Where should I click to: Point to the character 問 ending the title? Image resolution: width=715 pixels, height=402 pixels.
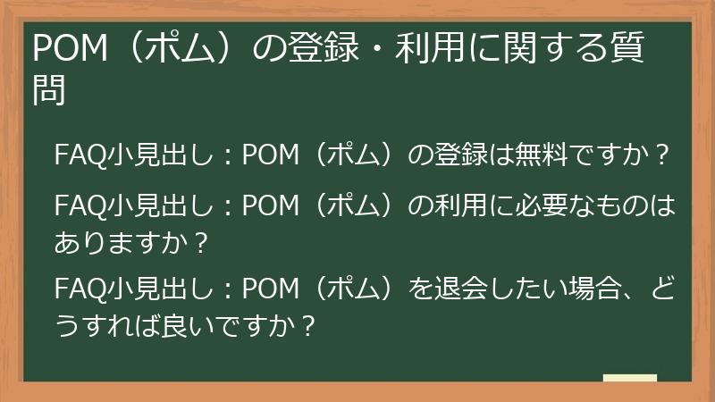tap(51, 90)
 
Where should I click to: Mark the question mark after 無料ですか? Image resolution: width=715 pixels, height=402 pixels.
tap(662, 155)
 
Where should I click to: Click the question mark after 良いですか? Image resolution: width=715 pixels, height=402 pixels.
tap(309, 322)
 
